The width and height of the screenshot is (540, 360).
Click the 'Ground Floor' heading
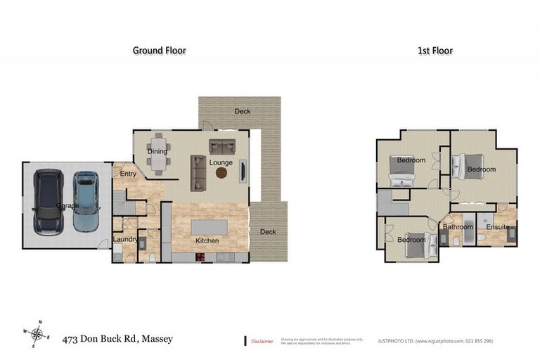point(160,51)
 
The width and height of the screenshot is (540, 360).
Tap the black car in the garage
point(49,202)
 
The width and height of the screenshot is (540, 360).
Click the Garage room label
point(67,206)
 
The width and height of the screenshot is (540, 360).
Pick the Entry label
point(128,174)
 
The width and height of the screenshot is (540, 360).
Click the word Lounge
point(220,163)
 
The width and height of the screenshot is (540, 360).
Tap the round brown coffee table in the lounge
point(222,173)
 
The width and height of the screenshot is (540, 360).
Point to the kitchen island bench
point(207,228)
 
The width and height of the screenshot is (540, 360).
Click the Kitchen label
point(207,241)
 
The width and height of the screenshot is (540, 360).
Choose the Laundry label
point(125,240)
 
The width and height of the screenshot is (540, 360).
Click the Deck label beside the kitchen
point(268,232)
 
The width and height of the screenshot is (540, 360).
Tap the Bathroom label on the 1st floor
point(457,226)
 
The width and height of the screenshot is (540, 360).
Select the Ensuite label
point(497,226)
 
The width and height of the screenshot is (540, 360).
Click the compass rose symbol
point(37,335)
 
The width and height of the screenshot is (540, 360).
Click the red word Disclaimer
point(262,341)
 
